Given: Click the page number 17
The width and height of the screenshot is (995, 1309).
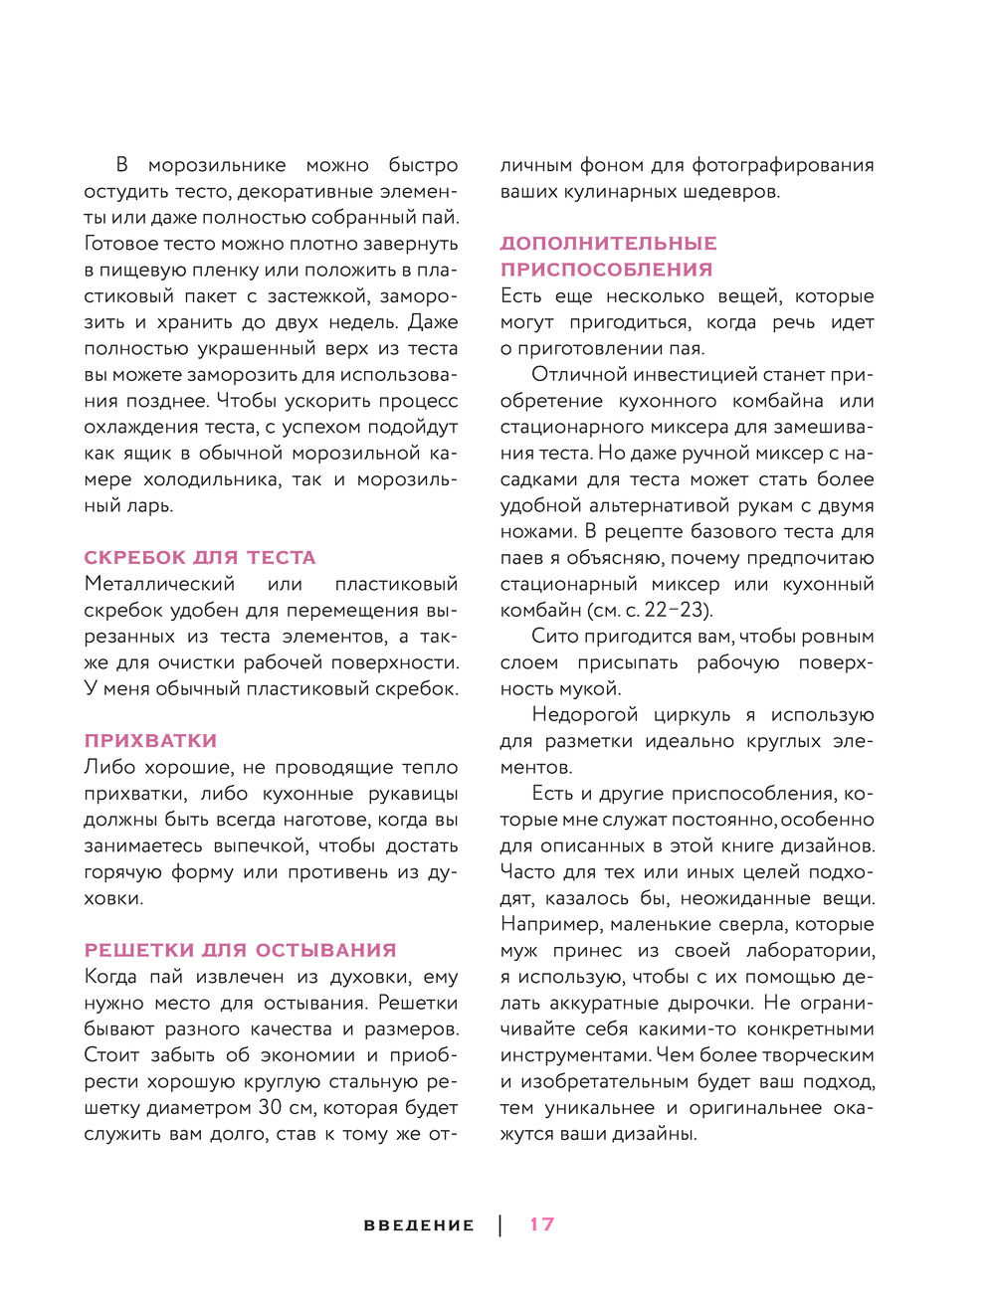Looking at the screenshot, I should [541, 1224].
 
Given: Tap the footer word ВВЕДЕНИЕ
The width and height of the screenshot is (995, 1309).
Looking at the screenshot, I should [419, 1225].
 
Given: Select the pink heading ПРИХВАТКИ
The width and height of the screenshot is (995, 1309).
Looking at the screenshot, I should [150, 740].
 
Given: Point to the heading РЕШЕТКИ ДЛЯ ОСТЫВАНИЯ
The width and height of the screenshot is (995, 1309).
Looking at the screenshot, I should [240, 950].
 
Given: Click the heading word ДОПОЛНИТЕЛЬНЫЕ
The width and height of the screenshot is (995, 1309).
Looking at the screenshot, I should [608, 243].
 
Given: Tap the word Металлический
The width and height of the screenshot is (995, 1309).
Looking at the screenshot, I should [159, 584].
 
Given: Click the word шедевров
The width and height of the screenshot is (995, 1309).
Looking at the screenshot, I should [731, 191].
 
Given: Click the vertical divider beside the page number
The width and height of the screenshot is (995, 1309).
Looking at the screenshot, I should [500, 1224].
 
